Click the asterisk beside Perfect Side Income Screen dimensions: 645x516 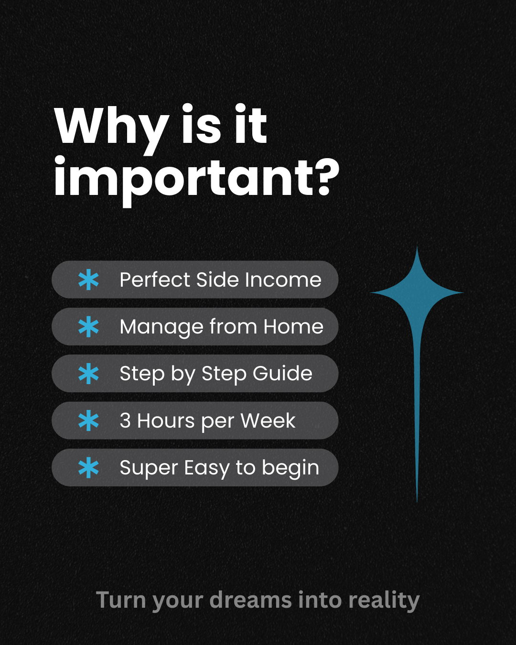(x=88, y=280)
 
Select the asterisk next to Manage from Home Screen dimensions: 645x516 (x=88, y=327)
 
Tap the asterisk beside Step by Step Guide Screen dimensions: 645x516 (x=88, y=374)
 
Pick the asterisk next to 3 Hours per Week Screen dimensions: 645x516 (x=88, y=421)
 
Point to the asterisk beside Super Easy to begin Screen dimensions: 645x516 (x=88, y=468)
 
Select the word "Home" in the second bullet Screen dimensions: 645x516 (x=293, y=327)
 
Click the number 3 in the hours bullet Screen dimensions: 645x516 (x=125, y=421)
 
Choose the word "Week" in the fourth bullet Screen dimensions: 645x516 (x=268, y=421)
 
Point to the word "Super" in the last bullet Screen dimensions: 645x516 (x=149, y=468)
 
